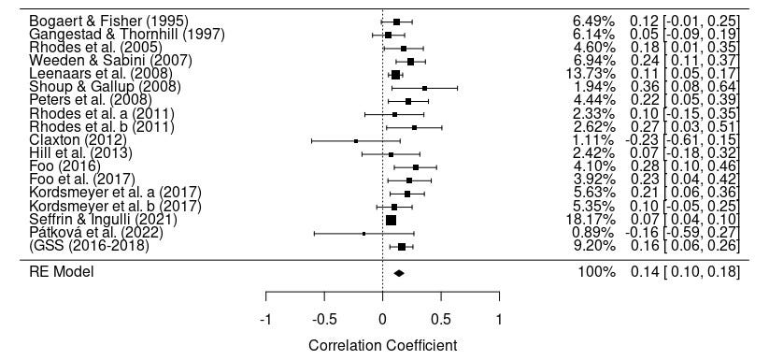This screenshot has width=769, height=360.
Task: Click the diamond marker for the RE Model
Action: tap(399, 273)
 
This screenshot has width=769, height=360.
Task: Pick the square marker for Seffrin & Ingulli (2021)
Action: tap(391, 220)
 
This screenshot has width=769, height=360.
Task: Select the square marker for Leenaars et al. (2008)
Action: tap(395, 74)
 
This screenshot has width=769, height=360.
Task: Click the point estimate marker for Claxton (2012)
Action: tap(356, 140)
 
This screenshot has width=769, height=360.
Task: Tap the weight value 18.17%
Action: tap(594, 220)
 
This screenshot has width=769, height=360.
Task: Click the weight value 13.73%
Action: tap(594, 74)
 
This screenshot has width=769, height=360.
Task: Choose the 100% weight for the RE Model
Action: tap(598, 272)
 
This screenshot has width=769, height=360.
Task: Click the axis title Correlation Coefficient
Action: tap(382, 345)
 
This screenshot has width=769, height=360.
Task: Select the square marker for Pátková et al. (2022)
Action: tap(364, 234)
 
